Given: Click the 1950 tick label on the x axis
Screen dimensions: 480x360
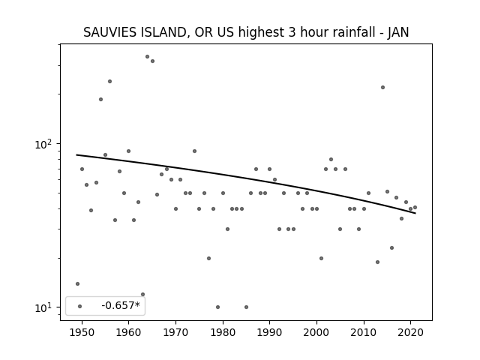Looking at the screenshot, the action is pos(82,332).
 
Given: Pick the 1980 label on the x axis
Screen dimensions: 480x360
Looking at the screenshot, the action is pos(223,332).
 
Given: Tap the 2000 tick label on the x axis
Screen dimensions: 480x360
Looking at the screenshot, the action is pos(316,332).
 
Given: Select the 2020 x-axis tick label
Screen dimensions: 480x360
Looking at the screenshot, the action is pos(411,332).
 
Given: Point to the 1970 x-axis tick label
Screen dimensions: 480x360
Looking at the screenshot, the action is pos(175,332).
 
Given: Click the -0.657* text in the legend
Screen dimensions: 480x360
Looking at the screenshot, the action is pos(121,305).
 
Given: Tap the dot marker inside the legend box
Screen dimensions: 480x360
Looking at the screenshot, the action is pos(80,306).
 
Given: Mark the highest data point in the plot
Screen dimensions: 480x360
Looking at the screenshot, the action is pos(147,57).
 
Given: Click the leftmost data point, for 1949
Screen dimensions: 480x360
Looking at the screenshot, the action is pos(77,283).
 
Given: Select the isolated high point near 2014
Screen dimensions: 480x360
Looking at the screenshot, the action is pos(382,87).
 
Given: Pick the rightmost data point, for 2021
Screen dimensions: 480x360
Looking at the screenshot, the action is pos(415,207).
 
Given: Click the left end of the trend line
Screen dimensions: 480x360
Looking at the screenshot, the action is pos(76,155).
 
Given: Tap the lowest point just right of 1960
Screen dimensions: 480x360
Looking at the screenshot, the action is pos(142,295).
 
